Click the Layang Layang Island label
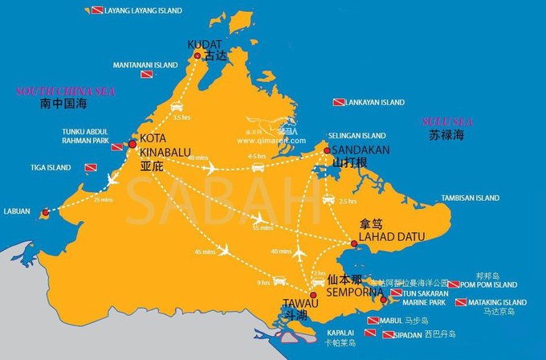(x=142, y=10)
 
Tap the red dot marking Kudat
(x=198, y=55)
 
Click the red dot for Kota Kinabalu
(x=132, y=145)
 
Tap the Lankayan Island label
(x=375, y=103)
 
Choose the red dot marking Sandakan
(x=327, y=150)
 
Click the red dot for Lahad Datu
(x=353, y=244)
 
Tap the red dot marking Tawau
(x=313, y=295)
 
